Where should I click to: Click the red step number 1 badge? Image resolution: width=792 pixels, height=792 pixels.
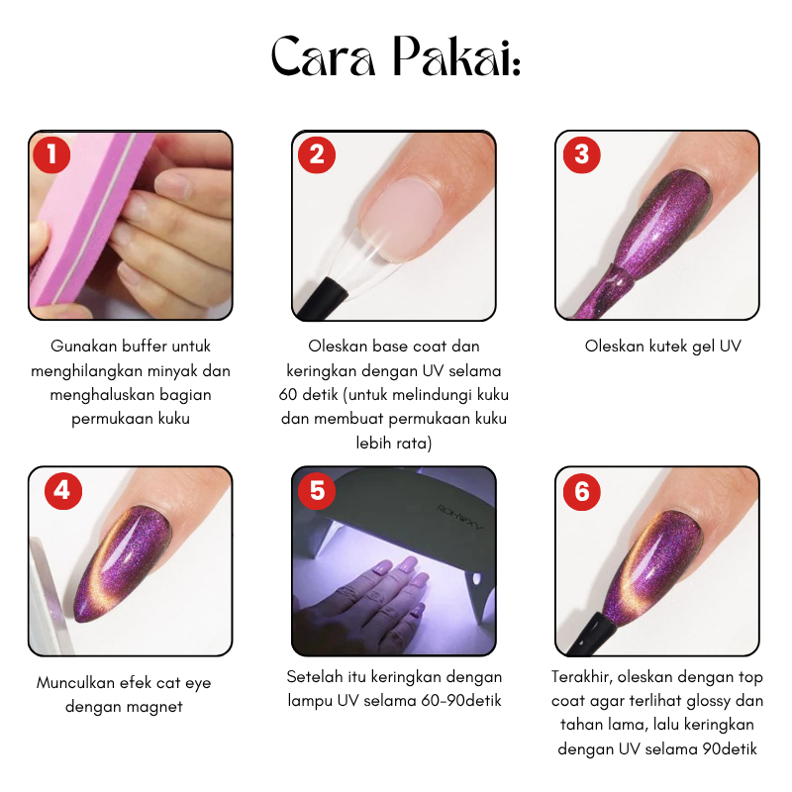pyautogui.click(x=51, y=154)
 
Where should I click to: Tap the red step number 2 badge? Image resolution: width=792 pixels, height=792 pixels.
pyautogui.click(x=317, y=154)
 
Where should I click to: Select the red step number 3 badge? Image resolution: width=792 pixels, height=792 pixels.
pyautogui.click(x=582, y=154)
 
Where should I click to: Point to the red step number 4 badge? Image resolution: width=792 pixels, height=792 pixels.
pyautogui.click(x=63, y=490)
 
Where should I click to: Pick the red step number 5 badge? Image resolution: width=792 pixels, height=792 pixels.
pyautogui.click(x=317, y=490)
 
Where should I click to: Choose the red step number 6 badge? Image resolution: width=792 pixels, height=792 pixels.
pyautogui.click(x=582, y=491)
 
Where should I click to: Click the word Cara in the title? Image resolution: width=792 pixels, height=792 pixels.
pyautogui.click(x=324, y=57)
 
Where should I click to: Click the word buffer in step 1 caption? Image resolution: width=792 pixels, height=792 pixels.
pyautogui.click(x=145, y=346)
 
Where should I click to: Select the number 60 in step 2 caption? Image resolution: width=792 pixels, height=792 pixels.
pyautogui.click(x=288, y=394)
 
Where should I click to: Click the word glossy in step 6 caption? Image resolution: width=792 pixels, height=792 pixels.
pyautogui.click(x=705, y=702)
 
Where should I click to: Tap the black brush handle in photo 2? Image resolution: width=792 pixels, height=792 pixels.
pyautogui.click(x=322, y=300)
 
